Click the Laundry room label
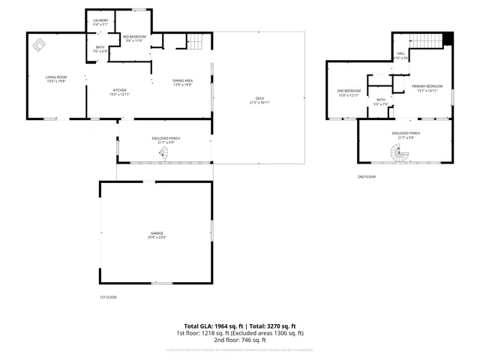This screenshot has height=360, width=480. tap(100, 22)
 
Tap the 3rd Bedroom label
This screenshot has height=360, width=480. tap(134, 37)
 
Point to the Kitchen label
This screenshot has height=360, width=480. tap(120, 91)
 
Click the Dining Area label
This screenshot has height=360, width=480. tap(183, 82)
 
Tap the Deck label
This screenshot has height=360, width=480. tap(259, 100)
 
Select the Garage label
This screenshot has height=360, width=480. tap(156, 235)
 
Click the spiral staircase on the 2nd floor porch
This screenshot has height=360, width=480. tap(399, 154)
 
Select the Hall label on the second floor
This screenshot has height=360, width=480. tap(401, 55)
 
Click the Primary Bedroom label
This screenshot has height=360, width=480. tap(426, 87)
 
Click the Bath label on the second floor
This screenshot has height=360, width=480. tap(381, 101)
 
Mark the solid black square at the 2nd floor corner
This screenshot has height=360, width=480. tap(449, 37)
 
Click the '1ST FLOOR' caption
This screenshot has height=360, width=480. tap(108, 297)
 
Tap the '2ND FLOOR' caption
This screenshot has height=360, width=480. tap(366, 176)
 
